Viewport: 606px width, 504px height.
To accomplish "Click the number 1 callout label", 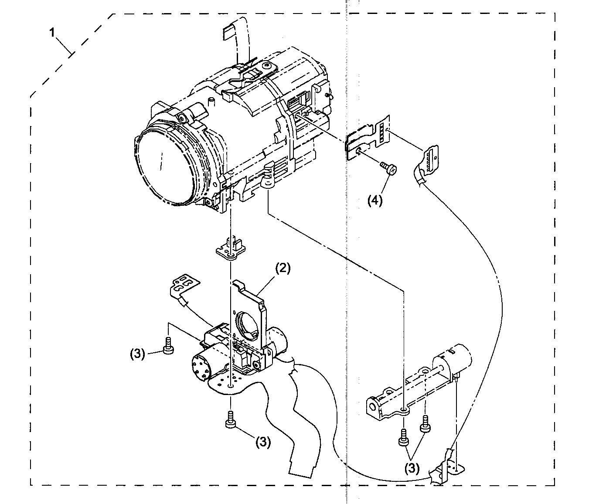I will coord(52,33).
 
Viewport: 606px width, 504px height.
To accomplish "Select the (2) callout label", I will coord(282,268).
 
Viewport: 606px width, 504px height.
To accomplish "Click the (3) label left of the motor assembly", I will coord(137,354).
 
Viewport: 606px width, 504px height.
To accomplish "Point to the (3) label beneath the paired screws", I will coord(412,468).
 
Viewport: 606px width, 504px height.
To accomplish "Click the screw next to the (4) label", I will coord(388,168).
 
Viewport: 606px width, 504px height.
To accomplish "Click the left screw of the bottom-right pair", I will coord(403,438).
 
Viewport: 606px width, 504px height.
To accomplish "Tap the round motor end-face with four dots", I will coord(202,367).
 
